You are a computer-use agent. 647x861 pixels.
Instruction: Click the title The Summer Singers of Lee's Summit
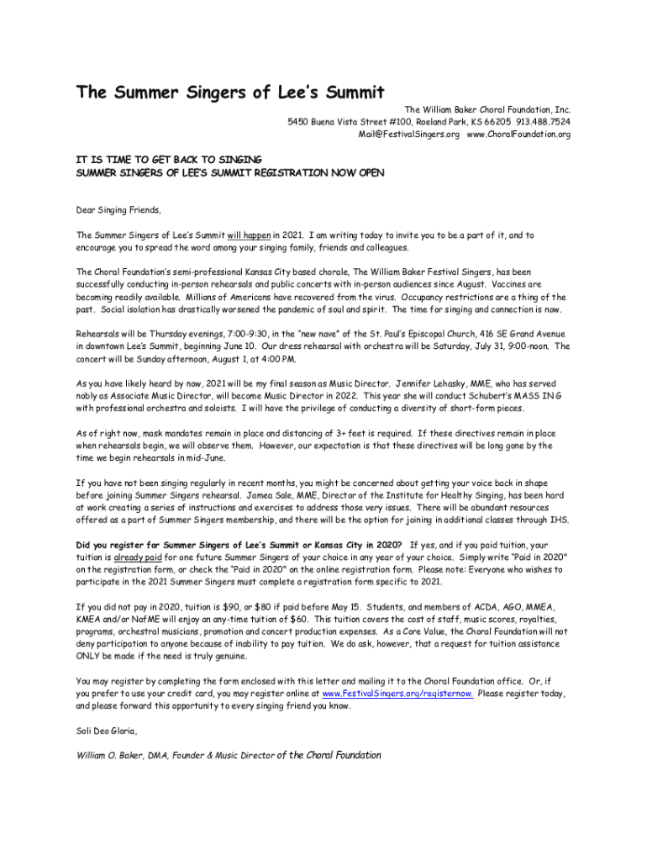point(230,92)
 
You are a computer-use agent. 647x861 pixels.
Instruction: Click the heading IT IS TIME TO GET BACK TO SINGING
point(169,159)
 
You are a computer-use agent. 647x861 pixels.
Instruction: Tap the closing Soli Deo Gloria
point(106,731)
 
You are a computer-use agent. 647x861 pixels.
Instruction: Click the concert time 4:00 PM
point(276,360)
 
